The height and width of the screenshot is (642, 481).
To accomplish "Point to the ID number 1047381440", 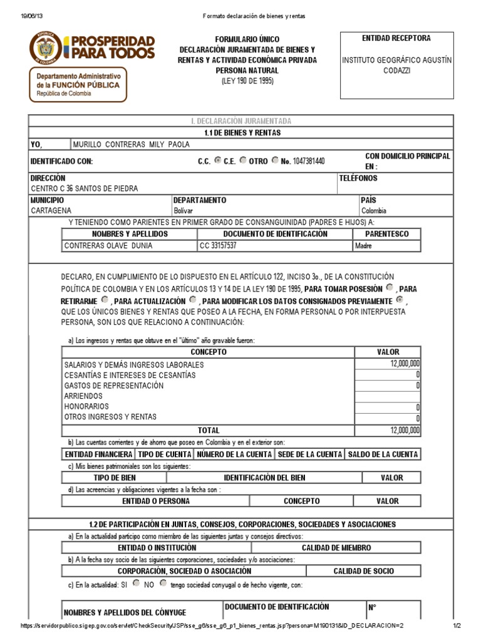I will (x=304, y=161).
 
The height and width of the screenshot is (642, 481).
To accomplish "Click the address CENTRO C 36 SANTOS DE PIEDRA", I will (x=85, y=188).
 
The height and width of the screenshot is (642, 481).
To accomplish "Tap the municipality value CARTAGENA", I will (x=51, y=211).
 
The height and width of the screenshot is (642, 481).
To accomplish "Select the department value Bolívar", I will (x=184, y=211).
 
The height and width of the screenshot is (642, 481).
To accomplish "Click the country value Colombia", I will (x=374, y=211).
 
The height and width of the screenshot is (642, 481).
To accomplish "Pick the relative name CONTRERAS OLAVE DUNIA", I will (x=108, y=246).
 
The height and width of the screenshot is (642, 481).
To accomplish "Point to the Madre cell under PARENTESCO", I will (x=363, y=246).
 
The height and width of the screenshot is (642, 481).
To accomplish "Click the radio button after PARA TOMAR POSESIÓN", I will (x=390, y=288).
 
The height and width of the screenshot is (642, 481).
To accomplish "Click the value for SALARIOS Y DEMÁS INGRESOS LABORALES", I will (x=405, y=364).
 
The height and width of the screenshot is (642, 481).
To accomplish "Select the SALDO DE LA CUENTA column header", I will (x=383, y=455).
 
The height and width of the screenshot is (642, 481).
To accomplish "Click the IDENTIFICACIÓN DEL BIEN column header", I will (x=264, y=478).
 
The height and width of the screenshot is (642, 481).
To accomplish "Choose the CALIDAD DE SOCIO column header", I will (x=363, y=571).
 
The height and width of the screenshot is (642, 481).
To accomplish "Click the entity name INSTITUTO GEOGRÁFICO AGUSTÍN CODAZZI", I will (x=396, y=65).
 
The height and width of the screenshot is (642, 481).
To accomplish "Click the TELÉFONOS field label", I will (x=358, y=178).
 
